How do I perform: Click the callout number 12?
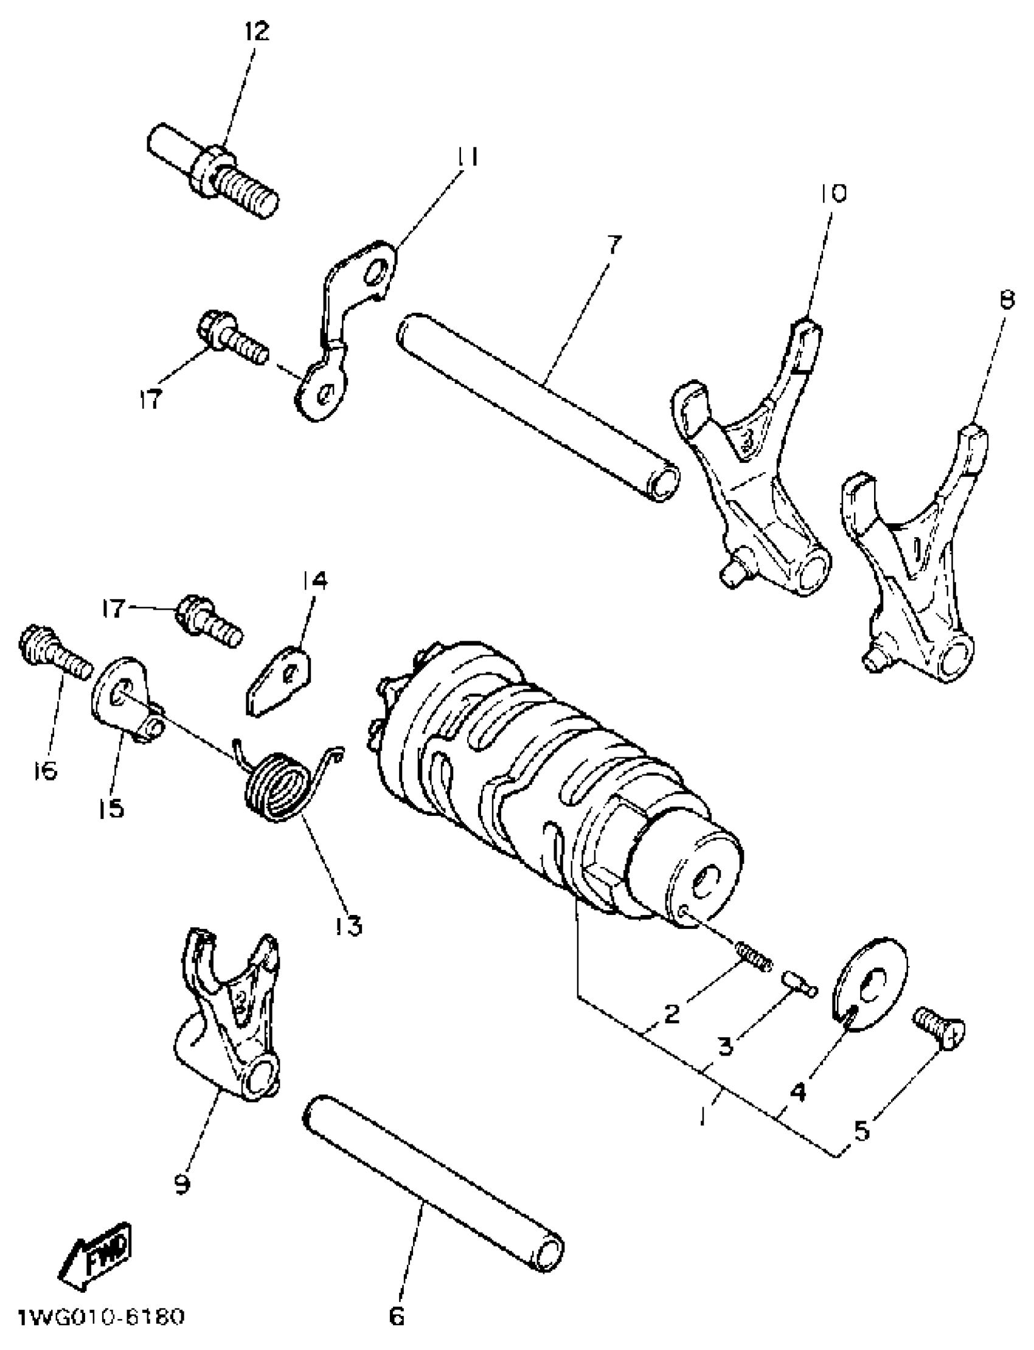[257, 31]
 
